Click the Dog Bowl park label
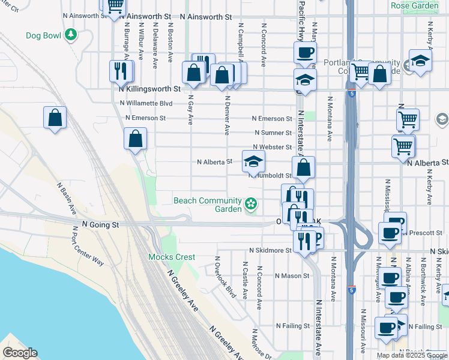point(44,36)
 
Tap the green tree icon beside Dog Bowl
point(71,35)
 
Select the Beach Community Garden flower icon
point(251,205)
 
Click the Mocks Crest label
point(172,257)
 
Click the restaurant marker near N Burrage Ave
point(121,71)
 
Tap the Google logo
point(20,353)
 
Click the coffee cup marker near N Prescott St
point(390,233)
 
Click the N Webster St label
point(272,147)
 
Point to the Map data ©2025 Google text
point(412,355)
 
